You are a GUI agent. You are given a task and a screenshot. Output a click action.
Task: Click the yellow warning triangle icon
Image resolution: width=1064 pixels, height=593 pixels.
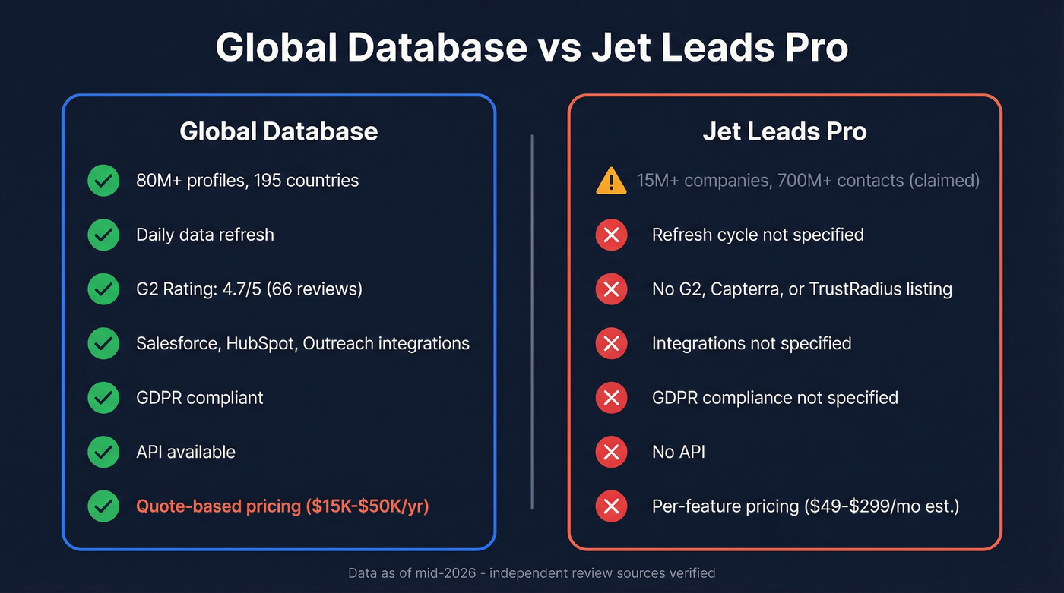pos(611,181)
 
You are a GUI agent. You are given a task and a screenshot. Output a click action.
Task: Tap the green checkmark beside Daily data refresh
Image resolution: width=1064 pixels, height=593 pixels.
pos(103,235)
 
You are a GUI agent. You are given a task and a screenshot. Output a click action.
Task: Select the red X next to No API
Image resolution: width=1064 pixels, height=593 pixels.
pos(611,453)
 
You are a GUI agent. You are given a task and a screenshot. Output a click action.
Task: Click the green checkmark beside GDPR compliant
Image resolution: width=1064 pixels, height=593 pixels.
pos(103,398)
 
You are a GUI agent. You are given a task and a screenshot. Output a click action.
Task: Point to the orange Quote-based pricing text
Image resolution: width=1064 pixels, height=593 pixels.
pos(282,506)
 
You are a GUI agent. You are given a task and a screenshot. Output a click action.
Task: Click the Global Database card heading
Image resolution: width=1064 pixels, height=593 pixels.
pos(278,131)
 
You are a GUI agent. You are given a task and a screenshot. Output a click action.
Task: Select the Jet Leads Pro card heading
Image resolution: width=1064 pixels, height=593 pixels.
pos(784,131)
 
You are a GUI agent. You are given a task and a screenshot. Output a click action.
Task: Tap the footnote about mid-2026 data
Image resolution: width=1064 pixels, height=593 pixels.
pos(531,572)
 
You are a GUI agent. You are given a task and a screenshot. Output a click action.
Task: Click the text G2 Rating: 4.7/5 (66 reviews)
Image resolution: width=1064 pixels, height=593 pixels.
pos(249,289)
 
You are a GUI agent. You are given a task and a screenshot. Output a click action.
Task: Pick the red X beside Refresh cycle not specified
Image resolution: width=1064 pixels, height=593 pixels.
pos(611,235)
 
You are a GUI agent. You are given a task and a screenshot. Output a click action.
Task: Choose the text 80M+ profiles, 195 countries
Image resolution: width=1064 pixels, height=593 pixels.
pos(247,181)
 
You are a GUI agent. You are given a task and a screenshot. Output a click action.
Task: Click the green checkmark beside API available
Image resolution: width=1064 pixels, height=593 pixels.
pos(103,453)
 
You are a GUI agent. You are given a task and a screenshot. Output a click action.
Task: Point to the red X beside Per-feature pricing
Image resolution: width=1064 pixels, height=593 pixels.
pos(611,506)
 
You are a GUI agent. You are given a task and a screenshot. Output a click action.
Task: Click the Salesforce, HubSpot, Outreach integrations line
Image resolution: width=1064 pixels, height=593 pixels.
pos(302,344)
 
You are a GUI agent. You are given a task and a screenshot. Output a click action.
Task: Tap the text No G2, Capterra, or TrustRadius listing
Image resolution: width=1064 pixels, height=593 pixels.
pos(802,289)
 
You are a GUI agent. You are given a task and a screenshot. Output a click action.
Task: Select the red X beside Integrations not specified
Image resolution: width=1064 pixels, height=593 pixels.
pos(611,344)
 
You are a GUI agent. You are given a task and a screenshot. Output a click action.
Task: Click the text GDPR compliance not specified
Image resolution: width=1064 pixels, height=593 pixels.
pos(774,398)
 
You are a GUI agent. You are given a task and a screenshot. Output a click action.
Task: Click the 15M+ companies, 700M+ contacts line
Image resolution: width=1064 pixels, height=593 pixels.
pos(808,181)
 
